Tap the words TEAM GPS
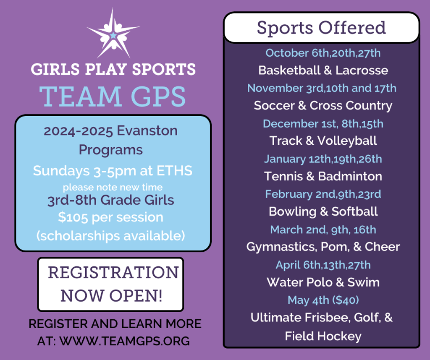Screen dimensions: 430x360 tap(113, 97)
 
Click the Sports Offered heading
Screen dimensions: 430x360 tap(321, 28)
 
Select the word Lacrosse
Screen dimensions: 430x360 tap(362, 70)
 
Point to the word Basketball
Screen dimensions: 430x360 tap(289, 70)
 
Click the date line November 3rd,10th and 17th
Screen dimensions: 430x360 tap(322, 88)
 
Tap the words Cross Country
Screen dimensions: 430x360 tap(351, 106)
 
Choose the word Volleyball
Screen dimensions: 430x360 tap(347, 141)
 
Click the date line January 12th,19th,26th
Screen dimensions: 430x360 tap(323, 159)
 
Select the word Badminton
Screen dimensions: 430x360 tap(350, 176)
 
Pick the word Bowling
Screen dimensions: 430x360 tap(293, 211)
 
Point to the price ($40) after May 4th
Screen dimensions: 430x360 tap(346, 300)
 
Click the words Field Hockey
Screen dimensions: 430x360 tap(323, 336)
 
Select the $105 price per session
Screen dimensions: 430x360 tap(73, 217)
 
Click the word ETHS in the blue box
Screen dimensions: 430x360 tap(174, 171)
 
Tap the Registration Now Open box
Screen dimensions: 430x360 tap(110, 284)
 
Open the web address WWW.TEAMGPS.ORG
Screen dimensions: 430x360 tap(124, 341)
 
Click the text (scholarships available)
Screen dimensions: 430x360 tap(111, 236)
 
